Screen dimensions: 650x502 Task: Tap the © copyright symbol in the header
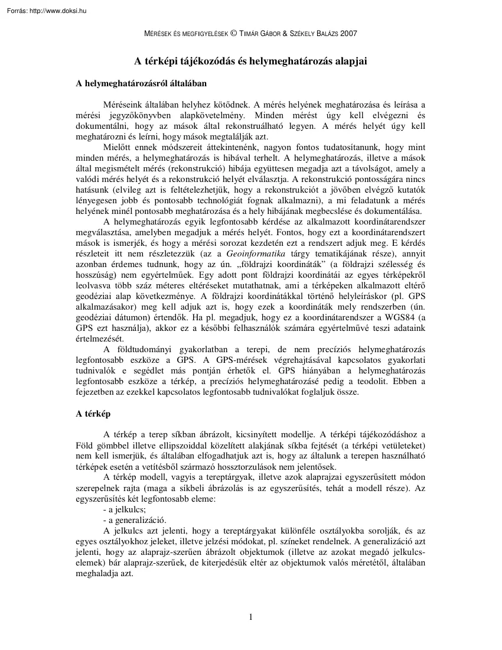pyautogui.click(x=235, y=34)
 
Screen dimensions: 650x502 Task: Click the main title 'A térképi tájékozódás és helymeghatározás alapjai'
pyautogui.click(x=250, y=60)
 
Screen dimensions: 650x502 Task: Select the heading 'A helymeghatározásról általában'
pyautogui.click(x=141, y=84)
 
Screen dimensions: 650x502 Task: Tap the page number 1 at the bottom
pyautogui.click(x=251, y=618)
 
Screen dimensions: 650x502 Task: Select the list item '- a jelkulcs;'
pyautogui.click(x=125, y=509)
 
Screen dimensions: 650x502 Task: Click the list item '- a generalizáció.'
pyautogui.click(x=135, y=520)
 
